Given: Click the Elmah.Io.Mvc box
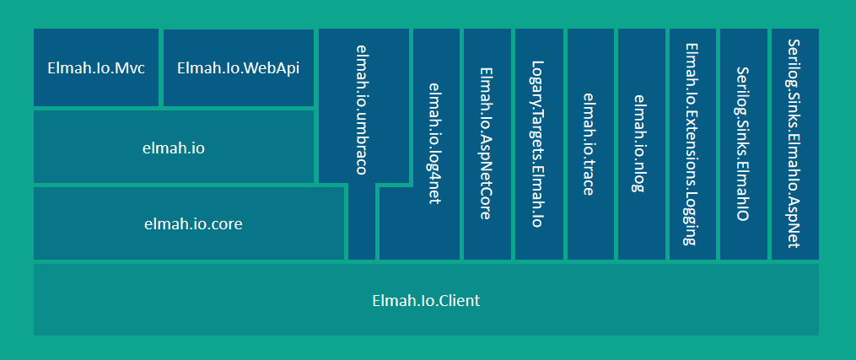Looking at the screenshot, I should click(96, 67).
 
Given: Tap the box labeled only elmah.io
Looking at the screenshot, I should click(174, 148).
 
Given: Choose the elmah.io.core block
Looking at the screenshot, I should click(189, 223).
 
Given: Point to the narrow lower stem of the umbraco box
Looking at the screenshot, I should click(362, 223).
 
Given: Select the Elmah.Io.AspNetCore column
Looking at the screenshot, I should click(486, 143).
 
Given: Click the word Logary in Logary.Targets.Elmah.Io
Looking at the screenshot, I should click(537, 81).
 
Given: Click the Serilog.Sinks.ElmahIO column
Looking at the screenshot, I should click(742, 143).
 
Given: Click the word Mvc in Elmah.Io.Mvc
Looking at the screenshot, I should click(131, 68).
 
